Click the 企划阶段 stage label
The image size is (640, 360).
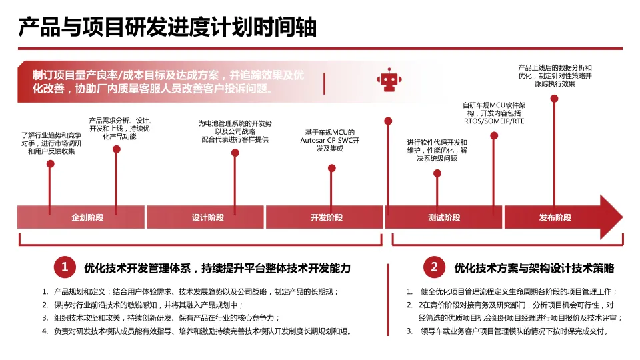87,218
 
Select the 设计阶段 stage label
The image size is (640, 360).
207,218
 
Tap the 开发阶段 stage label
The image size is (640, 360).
326,218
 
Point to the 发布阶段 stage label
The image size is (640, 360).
555,218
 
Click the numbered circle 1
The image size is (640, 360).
65,268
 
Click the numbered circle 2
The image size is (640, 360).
434,268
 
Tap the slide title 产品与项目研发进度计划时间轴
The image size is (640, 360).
167,27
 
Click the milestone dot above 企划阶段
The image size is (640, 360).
50,163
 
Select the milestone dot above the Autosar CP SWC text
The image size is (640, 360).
332,168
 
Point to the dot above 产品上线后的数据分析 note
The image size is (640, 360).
554,99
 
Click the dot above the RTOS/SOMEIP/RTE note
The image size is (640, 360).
494,135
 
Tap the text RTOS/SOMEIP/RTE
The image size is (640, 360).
494,121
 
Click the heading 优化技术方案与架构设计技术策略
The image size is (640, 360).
533,268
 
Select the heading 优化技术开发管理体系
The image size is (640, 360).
217,268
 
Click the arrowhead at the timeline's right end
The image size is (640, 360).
610,217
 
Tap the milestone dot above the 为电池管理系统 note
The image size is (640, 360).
235,153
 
